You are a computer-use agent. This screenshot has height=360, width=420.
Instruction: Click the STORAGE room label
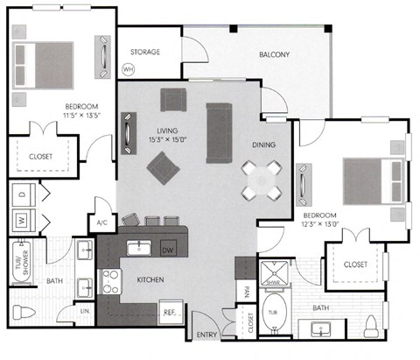(145, 52)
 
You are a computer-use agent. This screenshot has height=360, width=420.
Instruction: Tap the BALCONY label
(274, 54)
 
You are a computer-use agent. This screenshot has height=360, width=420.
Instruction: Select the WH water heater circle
(129, 68)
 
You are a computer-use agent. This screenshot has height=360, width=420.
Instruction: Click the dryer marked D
(21, 192)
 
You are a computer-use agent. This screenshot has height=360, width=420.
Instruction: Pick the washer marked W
(21, 218)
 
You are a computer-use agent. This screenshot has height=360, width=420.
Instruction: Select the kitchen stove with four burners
(112, 280)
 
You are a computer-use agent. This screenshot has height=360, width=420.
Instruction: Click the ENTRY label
(207, 334)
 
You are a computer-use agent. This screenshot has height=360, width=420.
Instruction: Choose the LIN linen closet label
(85, 311)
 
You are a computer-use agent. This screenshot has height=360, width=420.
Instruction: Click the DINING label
(263, 145)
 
